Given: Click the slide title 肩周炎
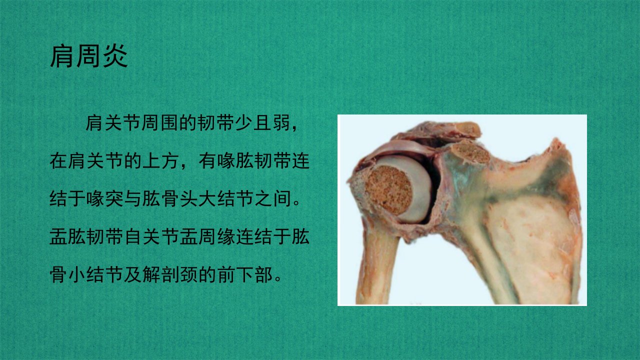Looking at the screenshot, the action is click(89, 56).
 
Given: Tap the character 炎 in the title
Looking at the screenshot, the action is click(115, 56).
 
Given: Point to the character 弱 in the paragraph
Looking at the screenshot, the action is click(281, 123).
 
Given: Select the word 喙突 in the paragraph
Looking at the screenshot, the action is click(104, 199).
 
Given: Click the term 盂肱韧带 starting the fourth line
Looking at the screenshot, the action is click(86, 237).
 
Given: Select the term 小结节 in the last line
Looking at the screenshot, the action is click(95, 274).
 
